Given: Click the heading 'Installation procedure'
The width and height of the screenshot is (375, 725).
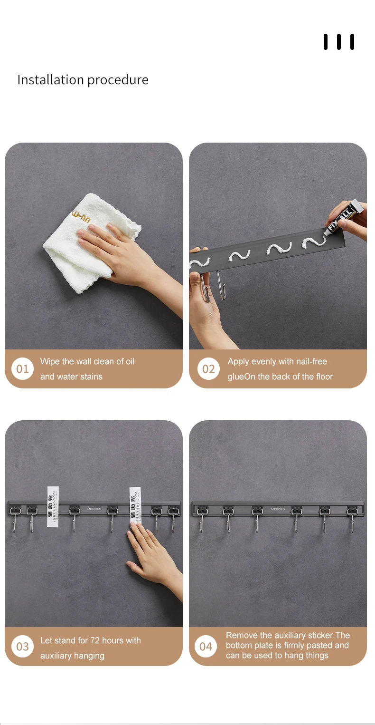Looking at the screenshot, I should pos(83,80).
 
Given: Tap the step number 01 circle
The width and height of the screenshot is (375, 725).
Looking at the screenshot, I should pos(22,369).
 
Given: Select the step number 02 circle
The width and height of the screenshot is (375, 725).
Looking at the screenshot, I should pos(208,369).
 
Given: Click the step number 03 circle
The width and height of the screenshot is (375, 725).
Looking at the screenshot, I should pos(22,647).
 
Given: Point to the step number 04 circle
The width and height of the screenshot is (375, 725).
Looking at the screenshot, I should pos(206,647).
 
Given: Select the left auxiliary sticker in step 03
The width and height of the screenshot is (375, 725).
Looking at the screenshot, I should pos(53,506).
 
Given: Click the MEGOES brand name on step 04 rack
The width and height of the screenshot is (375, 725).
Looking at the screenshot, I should pos(278,509).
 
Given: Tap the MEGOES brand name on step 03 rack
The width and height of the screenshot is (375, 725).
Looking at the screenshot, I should pos(94,509).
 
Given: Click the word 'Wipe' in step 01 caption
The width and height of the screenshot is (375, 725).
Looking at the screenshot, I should pos(50,362).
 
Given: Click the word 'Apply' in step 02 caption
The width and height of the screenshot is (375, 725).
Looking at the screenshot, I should pos(238,362).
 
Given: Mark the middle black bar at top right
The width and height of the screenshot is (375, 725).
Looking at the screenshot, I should pos(339,42).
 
